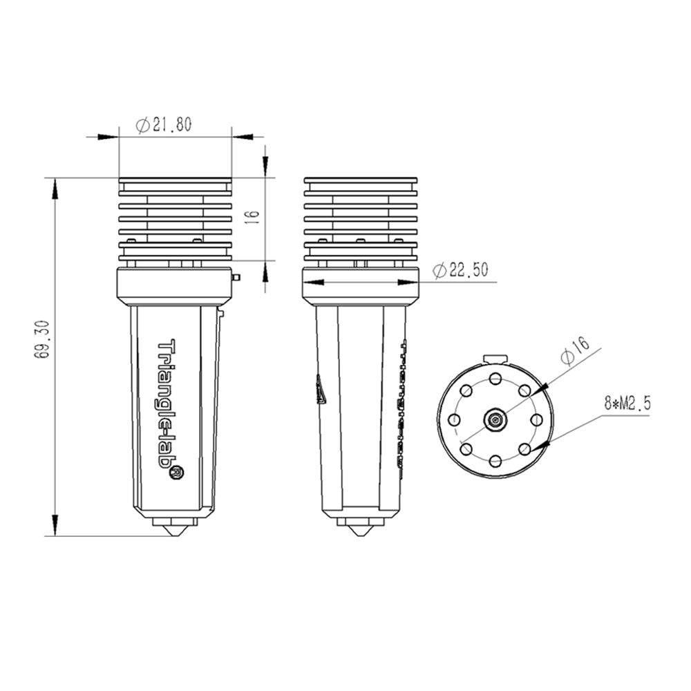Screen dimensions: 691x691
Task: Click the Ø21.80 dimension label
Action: pyautogui.click(x=164, y=125)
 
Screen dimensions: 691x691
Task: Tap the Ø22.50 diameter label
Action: pyautogui.click(x=460, y=270)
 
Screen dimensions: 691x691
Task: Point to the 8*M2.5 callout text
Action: pyautogui.click(x=627, y=404)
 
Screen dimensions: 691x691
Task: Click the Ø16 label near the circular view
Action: pyautogui.click(x=575, y=350)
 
